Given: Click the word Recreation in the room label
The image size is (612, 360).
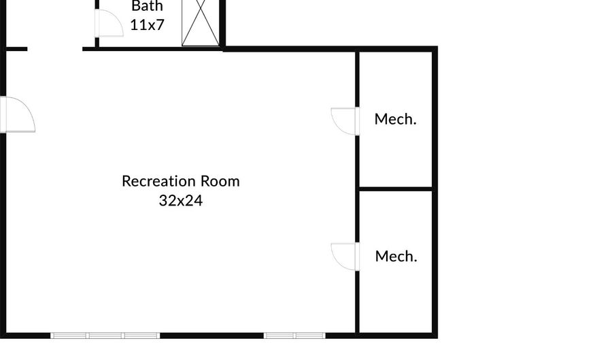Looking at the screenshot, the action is coord(159,181).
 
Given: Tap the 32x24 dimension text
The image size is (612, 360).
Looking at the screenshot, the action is coord(181,201).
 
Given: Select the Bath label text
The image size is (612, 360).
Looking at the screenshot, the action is coord(147,6).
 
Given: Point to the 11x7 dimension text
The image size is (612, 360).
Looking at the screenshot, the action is coord(147,25).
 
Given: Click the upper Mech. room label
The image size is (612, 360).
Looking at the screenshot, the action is coord(395,119).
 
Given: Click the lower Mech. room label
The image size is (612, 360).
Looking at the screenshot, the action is coord(396,256).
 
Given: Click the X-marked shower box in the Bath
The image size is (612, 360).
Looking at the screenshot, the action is coord(200,22).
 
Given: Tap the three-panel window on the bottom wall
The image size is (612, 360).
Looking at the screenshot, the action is coord(105,336).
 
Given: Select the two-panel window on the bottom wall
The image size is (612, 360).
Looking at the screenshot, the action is coord(294,336).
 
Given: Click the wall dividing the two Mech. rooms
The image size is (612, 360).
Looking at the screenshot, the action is coord(395,189).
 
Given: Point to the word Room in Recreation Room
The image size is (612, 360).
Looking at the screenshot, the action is coord(220,181).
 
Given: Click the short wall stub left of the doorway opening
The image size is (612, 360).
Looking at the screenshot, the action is coord(15,49).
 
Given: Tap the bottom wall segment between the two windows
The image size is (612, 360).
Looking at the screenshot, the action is coord(212,336).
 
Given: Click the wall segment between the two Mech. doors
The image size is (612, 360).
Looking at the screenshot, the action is coord(357,189).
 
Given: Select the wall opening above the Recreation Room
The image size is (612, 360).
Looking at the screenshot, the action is coord(54,49).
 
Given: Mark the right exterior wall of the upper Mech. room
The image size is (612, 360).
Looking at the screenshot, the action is coord(435,119).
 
